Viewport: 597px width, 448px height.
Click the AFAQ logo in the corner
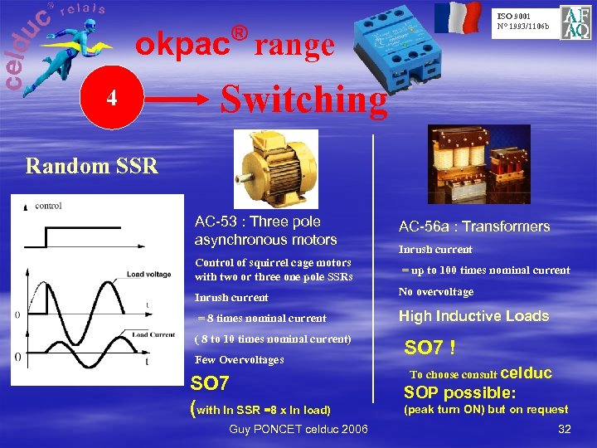575,22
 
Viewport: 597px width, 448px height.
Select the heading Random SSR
91,166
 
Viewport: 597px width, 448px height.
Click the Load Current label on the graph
150,334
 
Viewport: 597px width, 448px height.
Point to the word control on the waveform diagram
48,206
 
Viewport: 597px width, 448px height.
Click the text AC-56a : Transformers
473,226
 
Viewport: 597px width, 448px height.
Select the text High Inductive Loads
473,316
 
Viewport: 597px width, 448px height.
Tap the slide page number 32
565,429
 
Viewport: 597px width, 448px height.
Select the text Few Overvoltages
239,360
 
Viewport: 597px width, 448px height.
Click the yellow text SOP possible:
459,392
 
